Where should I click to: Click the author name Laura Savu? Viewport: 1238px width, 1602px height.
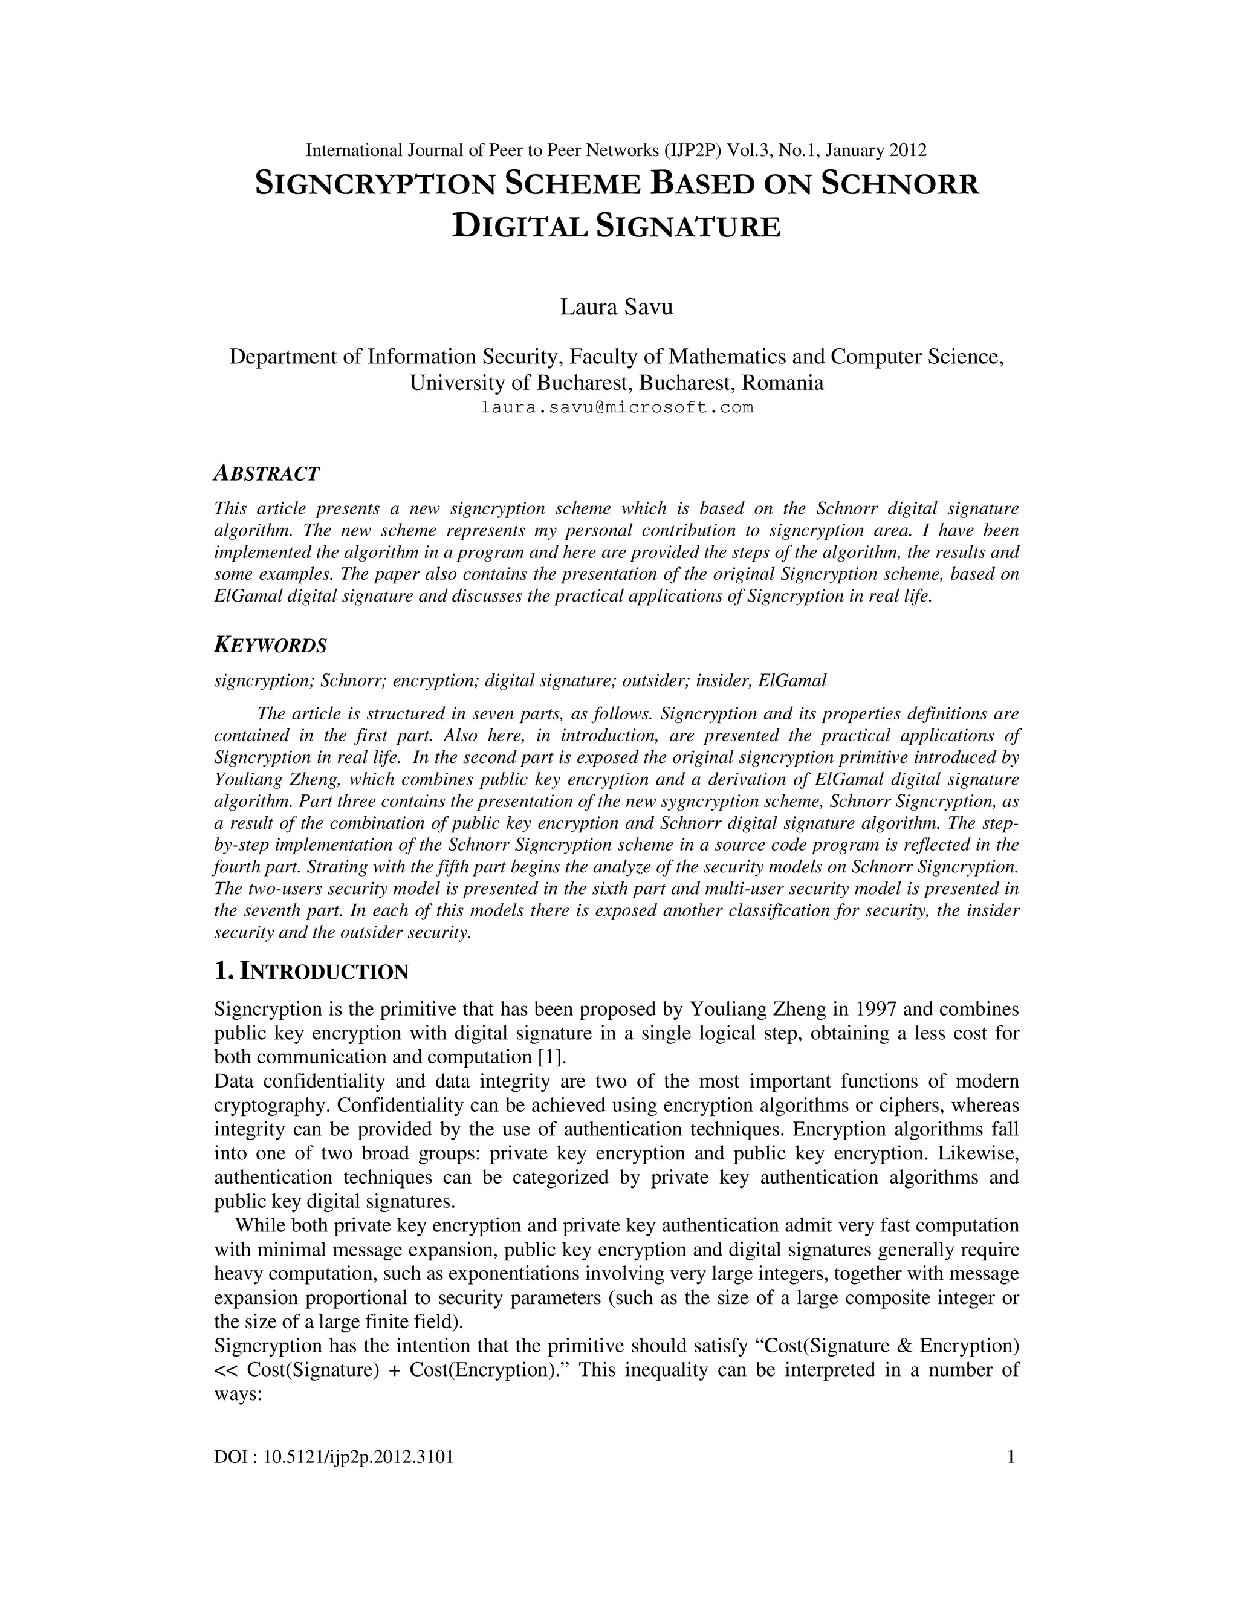(616, 306)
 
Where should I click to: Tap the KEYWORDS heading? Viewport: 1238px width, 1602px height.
(270, 646)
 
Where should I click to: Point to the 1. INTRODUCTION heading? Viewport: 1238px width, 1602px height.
(311, 972)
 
